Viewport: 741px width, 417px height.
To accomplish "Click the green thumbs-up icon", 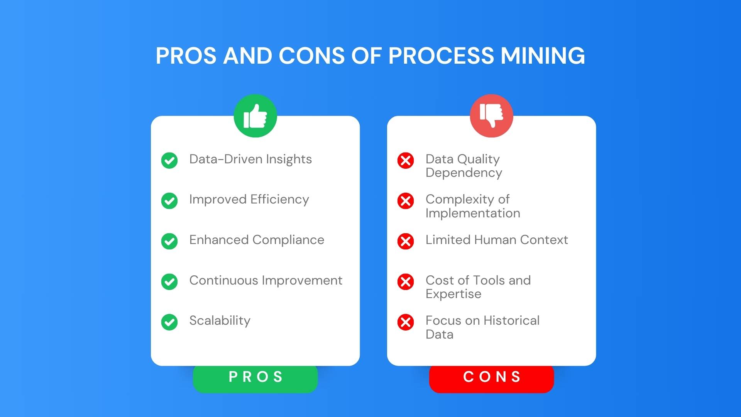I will pos(255,116).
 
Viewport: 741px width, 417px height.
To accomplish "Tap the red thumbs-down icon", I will pos(491,116).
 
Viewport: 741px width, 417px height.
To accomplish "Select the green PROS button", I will pos(255,377).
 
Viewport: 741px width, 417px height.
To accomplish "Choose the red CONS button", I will pos(491,377).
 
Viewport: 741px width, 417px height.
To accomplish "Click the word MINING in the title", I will pos(543,56).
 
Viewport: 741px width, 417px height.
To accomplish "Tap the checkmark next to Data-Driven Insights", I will pos(169,161).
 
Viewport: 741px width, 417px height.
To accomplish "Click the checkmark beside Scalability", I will pos(169,322).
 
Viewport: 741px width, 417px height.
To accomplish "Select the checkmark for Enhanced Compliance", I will pos(169,241).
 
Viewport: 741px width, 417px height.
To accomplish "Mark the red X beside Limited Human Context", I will pos(406,241).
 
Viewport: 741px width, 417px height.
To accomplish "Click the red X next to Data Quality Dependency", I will pos(406,161).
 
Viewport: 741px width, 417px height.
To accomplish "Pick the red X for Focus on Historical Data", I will pos(406,322).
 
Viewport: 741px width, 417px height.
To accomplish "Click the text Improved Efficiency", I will pos(249,200).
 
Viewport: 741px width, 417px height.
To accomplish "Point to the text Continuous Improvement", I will pos(266,280).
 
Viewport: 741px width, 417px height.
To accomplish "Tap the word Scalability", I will pos(220,321).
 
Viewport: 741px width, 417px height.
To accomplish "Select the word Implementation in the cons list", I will pos(473,214).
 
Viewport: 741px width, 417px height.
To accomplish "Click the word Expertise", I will pos(453,294).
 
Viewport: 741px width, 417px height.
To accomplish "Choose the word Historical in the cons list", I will pos(511,320).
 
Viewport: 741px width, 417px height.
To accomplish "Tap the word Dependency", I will pos(464,173).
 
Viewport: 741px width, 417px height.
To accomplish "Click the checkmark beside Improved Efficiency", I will pos(169,201).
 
